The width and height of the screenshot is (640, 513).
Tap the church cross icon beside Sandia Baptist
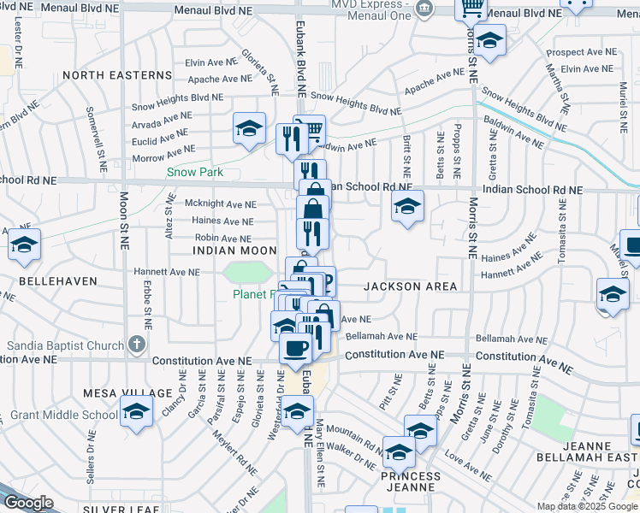pyautogui.click(x=135, y=345)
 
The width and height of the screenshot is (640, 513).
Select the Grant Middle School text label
pyautogui.click(x=64, y=415)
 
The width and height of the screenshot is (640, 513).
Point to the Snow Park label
pyautogui.click(x=194, y=172)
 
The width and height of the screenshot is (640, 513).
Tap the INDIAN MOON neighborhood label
pyautogui.click(x=234, y=251)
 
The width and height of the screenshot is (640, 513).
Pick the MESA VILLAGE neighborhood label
pyautogui.click(x=116, y=393)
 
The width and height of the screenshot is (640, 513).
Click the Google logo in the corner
pyautogui.click(x=28, y=503)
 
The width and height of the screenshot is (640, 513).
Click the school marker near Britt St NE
pyautogui.click(x=408, y=205)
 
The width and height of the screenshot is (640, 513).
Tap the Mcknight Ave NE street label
pyautogui.click(x=220, y=204)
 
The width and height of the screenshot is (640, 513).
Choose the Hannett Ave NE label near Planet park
pyautogui.click(x=166, y=272)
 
